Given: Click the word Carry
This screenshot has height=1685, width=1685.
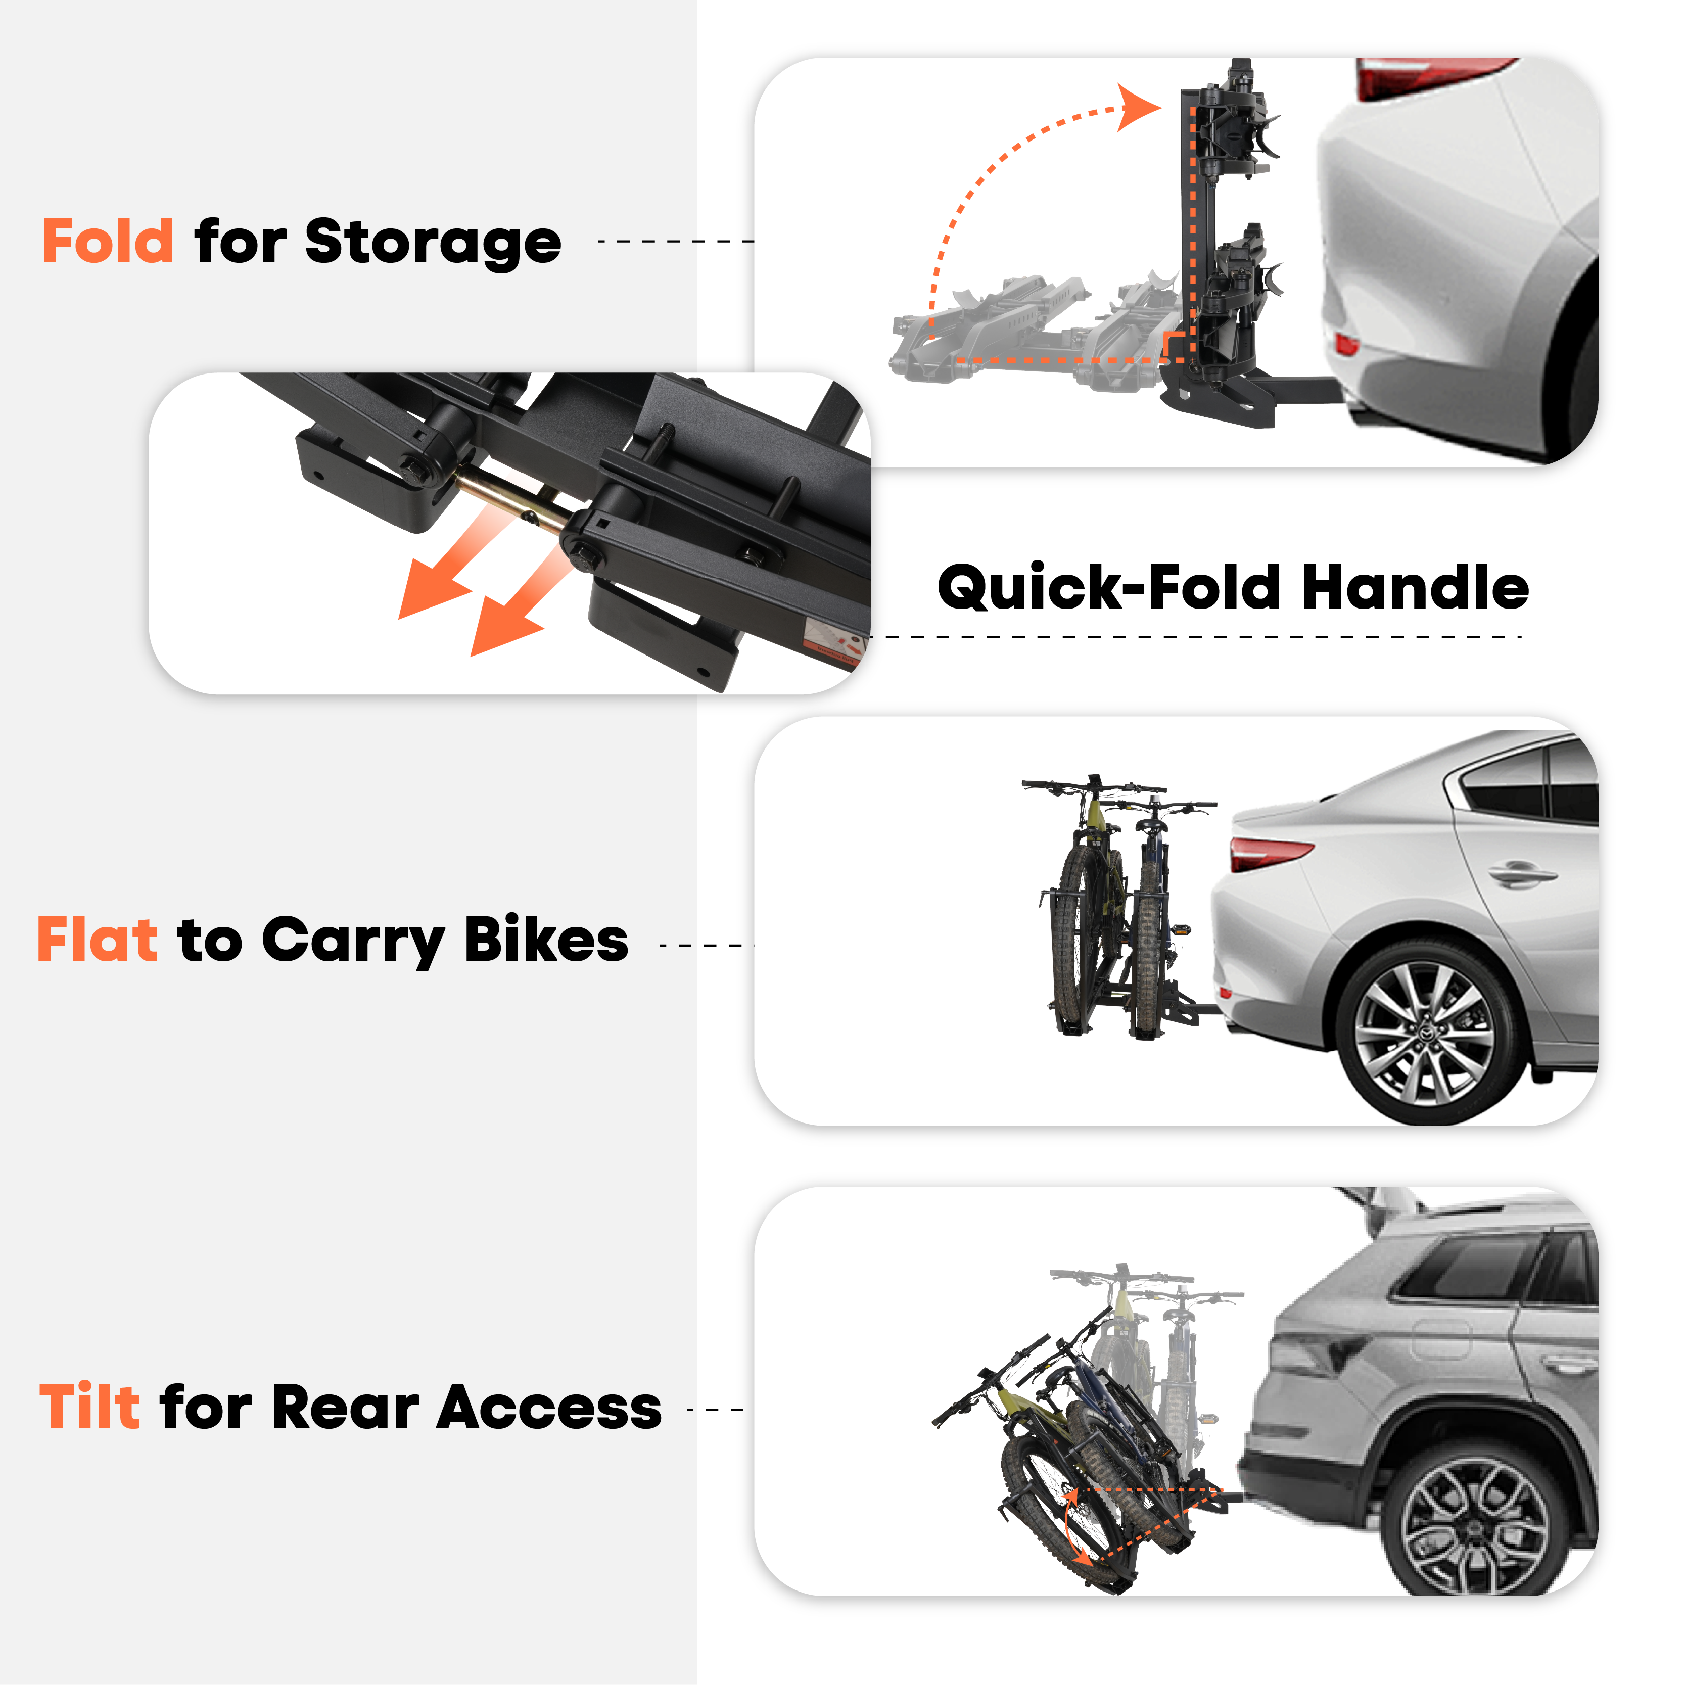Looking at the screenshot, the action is (x=353, y=942).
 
